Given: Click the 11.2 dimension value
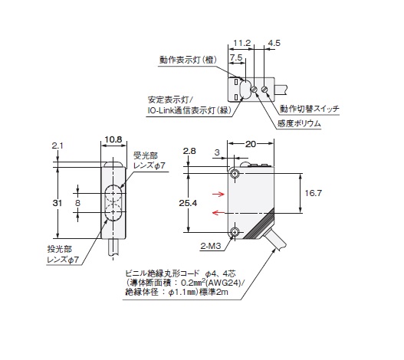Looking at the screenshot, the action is click(x=241, y=43).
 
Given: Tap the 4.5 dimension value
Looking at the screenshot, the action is click(x=274, y=43).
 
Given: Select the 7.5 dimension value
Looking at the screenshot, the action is click(x=236, y=57).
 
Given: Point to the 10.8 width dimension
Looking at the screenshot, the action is click(x=113, y=139).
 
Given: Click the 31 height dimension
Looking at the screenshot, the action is click(x=57, y=203).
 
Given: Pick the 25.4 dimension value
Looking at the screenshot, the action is click(x=188, y=203).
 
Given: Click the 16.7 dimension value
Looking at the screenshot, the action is click(x=314, y=193).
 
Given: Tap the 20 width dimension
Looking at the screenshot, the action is click(x=251, y=144).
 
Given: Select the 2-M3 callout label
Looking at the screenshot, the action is click(x=211, y=246).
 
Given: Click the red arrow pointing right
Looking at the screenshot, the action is click(x=218, y=194).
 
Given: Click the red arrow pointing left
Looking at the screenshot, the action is click(x=218, y=212).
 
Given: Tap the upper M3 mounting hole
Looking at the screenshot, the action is click(x=235, y=174).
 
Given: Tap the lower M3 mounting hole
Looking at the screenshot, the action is click(x=235, y=232).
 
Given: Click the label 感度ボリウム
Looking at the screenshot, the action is click(x=299, y=123).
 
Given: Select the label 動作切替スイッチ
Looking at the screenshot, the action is click(x=310, y=109).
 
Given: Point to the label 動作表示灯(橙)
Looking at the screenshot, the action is click(x=188, y=60).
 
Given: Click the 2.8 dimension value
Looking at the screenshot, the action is click(x=189, y=151).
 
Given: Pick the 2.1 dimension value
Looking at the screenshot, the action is click(x=57, y=146).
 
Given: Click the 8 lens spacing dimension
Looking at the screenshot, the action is click(x=77, y=203).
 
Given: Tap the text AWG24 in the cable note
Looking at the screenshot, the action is click(x=224, y=283).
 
